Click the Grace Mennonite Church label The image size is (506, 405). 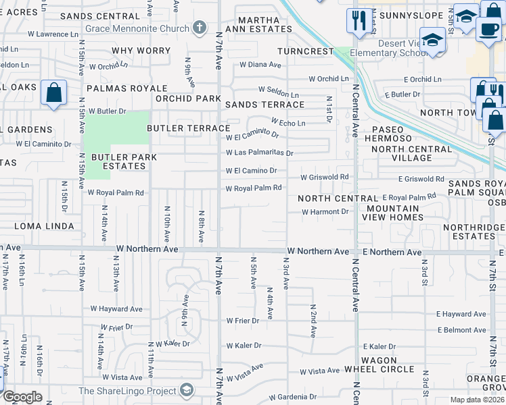coord(137,29)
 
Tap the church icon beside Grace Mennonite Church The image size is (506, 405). coord(199,28)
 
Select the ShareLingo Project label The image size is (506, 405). coord(127,391)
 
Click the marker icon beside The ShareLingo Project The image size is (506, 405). coord(186,390)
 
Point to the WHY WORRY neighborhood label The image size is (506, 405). coord(141,51)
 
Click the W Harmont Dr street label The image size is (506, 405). coord(325,211)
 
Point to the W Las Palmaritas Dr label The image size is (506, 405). coord(260,153)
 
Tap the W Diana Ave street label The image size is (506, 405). coord(260,65)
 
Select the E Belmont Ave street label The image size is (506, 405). coord(462,330)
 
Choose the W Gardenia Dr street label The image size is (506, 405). coord(293,397)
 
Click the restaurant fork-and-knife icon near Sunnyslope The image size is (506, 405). coord(357,20)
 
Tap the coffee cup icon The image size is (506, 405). coord(488,30)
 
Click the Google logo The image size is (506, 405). coord(22,397)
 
